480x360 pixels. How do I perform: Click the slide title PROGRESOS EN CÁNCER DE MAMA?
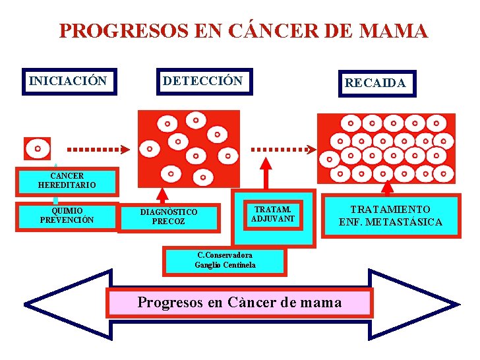tap(243, 31)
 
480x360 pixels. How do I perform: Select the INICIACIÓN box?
tap(69, 82)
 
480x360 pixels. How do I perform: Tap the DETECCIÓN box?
tap(203, 82)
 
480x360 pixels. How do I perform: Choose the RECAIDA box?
tap(377, 84)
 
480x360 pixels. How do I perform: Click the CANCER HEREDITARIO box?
tap(67, 181)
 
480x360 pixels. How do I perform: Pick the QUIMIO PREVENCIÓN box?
tap(67, 215)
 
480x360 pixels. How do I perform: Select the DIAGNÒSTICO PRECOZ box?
tap(169, 217)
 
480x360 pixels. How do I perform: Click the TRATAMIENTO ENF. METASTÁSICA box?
tap(390, 216)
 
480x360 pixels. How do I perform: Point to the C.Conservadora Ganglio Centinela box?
tap(225, 260)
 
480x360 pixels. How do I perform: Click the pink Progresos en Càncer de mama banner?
tap(240, 303)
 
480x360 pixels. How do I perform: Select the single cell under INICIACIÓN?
tap(38, 148)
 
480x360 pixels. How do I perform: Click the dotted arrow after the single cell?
tap(96, 148)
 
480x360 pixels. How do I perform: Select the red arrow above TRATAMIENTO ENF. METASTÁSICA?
tap(388, 189)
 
